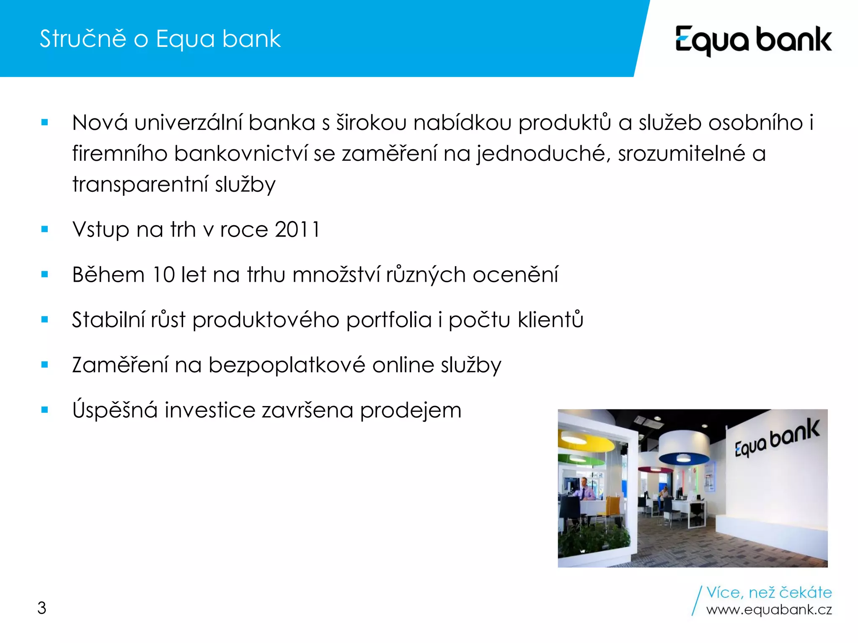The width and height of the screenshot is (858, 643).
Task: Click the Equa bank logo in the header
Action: tap(753, 40)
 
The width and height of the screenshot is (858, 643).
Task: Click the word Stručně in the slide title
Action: tap(83, 39)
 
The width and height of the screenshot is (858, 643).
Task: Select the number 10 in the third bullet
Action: tap(163, 275)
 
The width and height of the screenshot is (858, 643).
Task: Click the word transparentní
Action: tap(140, 185)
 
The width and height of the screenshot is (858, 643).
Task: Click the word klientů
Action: tap(550, 320)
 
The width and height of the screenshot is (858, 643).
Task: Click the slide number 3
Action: tap(41, 608)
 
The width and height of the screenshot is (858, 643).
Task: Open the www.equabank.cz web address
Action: tap(769, 610)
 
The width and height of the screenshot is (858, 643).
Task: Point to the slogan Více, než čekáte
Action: tap(769, 592)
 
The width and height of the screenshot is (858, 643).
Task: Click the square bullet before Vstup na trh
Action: tap(45, 229)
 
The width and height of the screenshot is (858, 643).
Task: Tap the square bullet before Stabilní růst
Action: tap(45, 320)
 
